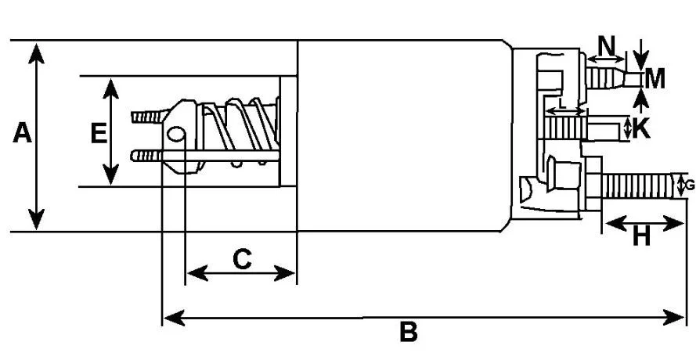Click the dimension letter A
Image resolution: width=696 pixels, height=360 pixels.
[x=22, y=133]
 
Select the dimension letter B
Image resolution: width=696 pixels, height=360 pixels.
[x=409, y=332]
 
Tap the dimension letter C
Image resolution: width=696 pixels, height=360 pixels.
[x=243, y=260]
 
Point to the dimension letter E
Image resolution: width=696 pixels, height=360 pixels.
[x=99, y=134]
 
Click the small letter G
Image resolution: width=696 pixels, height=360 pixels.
[x=690, y=185]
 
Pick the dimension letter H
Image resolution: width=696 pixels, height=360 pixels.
[x=641, y=237]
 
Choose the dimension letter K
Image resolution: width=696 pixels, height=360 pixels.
[x=641, y=128]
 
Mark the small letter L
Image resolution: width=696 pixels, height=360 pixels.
[x=562, y=104]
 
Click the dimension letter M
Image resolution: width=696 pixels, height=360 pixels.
[x=655, y=80]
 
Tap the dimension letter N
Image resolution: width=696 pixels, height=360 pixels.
[x=607, y=45]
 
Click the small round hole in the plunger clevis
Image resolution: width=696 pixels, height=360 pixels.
[x=176, y=134]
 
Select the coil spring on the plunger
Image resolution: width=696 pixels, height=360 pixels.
[x=239, y=131]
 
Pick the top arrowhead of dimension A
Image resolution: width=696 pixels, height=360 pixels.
[x=36, y=53]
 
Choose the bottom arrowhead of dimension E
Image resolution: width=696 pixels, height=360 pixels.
[x=110, y=174]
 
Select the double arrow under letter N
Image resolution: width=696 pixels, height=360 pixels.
[x=606, y=58]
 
